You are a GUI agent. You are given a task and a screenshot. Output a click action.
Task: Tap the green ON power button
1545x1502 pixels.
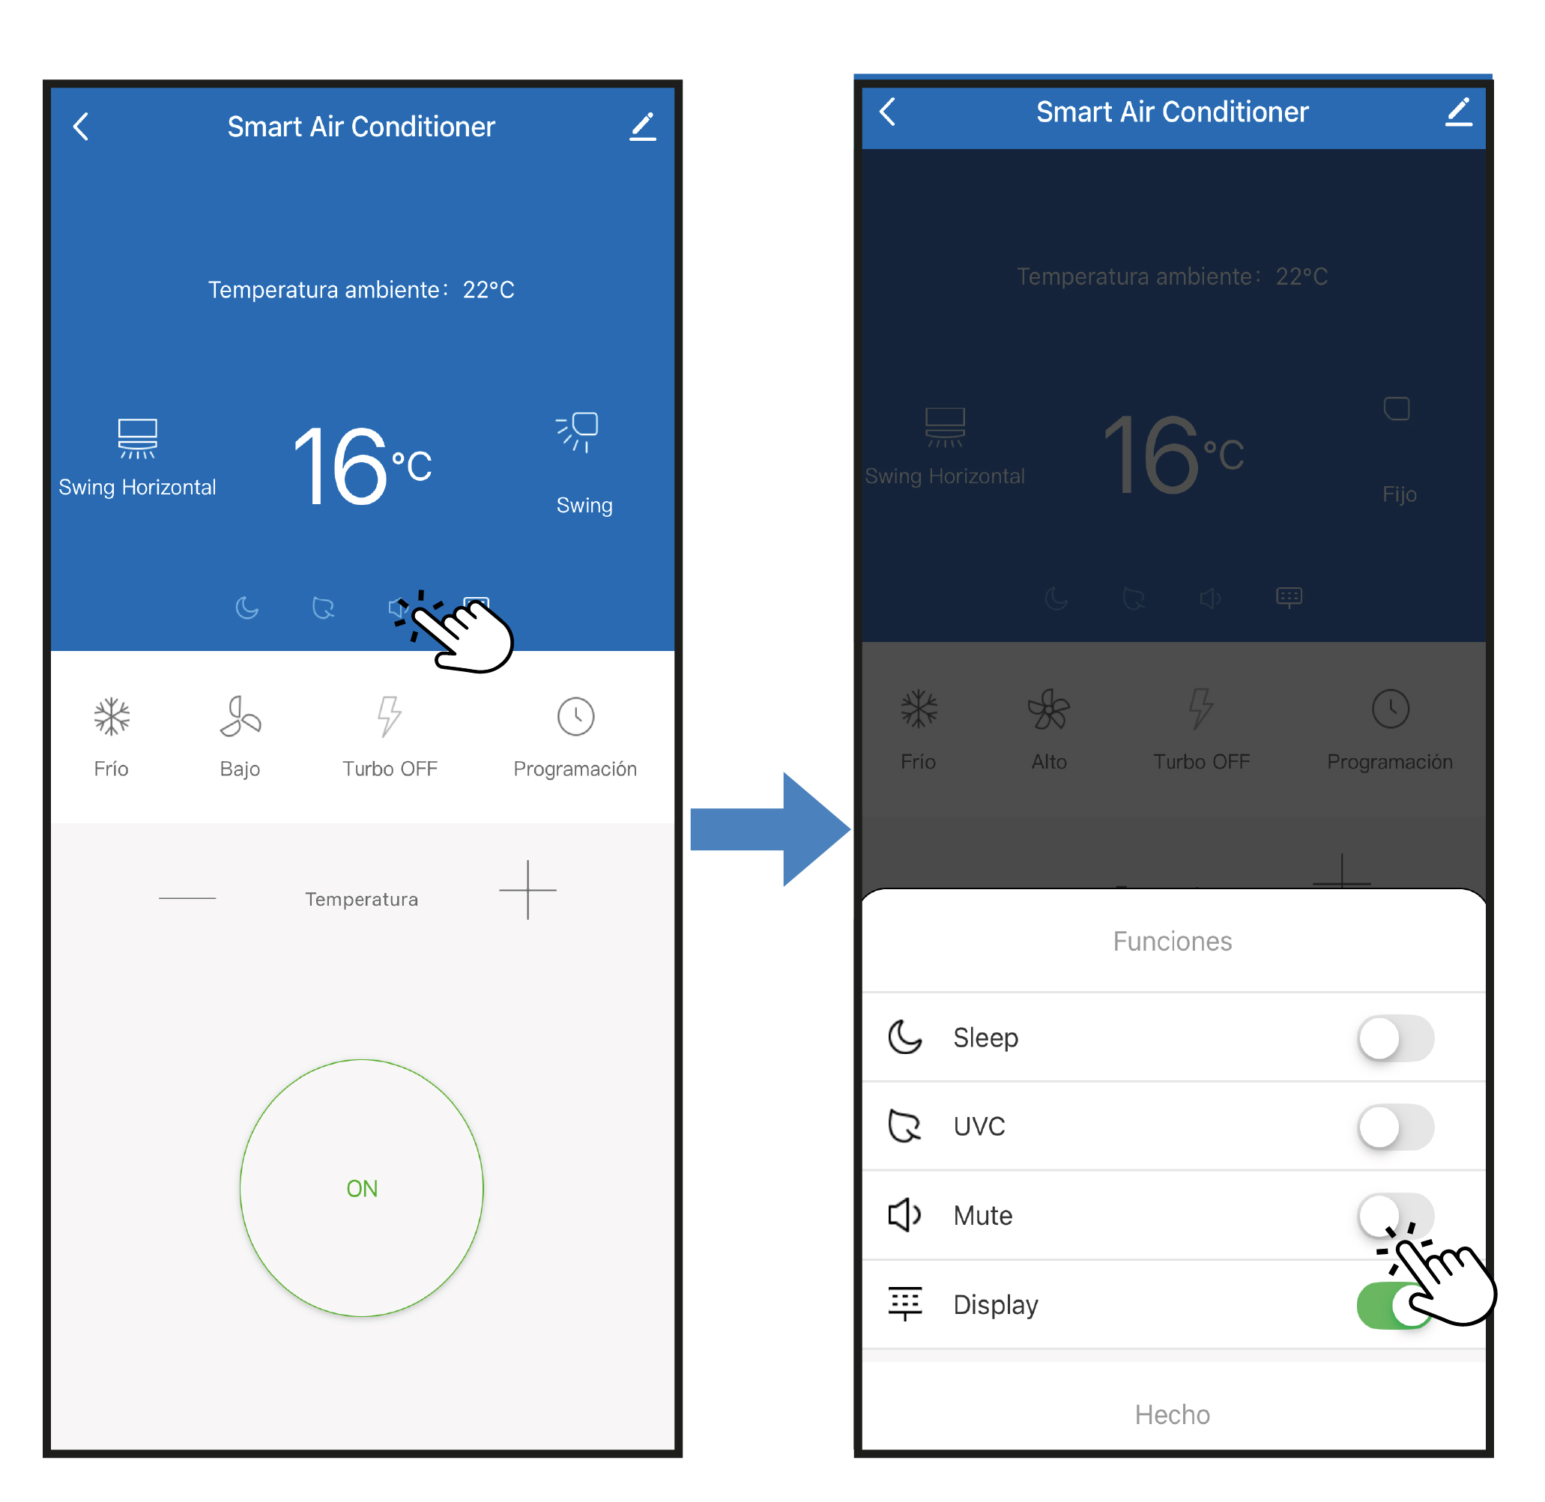click(x=361, y=1188)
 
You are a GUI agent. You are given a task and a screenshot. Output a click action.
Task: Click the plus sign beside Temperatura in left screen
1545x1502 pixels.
click(x=528, y=890)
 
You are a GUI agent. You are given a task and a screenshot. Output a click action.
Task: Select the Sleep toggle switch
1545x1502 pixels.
click(x=1395, y=1038)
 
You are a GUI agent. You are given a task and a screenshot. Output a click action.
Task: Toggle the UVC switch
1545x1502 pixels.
click(x=1395, y=1127)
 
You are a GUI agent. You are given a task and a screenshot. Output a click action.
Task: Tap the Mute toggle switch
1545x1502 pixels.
click(x=1395, y=1215)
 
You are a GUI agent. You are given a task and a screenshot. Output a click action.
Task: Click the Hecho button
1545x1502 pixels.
click(x=1172, y=1414)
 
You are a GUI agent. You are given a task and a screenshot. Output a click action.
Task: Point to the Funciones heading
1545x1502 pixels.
click(x=1172, y=941)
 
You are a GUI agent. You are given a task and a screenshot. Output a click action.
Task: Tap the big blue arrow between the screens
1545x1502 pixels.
click(x=770, y=829)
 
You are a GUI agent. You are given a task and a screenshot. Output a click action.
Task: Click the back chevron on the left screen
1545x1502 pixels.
click(x=81, y=126)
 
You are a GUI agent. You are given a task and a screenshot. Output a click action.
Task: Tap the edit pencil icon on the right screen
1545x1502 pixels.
click(x=1458, y=112)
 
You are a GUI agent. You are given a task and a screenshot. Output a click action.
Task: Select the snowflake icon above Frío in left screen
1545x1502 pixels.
click(x=111, y=716)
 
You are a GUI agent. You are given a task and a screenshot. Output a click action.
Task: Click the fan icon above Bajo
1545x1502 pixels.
click(x=240, y=716)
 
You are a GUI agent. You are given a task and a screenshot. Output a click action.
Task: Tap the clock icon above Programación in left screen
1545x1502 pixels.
click(x=575, y=716)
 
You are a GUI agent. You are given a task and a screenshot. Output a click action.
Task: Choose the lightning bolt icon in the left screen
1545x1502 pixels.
click(x=389, y=715)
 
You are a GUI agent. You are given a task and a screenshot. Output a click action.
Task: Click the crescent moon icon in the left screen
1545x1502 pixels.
click(x=247, y=608)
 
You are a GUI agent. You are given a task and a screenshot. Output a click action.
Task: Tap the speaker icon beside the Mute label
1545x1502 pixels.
click(x=904, y=1215)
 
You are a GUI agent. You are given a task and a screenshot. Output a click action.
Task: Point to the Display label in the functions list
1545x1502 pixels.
click(x=995, y=1305)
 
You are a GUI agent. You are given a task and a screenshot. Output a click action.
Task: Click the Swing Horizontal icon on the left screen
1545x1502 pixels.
click(x=137, y=437)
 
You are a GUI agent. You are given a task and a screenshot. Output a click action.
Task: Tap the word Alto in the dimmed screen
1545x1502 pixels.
click(x=1049, y=761)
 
